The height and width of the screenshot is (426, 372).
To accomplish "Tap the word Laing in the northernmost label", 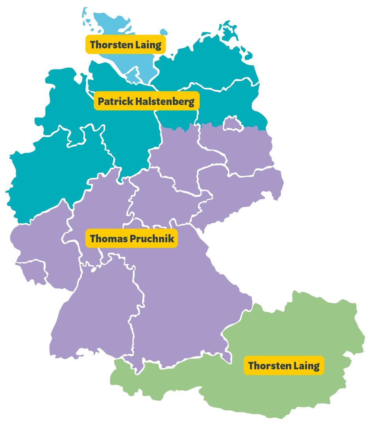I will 148,45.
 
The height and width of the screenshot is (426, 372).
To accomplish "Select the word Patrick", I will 115,101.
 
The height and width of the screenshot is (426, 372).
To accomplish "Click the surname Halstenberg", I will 165,101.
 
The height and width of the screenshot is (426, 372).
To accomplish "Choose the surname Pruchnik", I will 151,238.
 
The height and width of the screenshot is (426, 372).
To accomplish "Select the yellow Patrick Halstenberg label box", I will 146,101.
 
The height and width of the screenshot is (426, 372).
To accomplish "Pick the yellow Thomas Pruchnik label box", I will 131,238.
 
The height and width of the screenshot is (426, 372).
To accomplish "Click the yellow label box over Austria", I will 284,366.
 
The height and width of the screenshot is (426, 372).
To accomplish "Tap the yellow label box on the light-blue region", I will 125,45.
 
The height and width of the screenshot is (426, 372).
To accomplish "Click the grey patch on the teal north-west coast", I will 79,77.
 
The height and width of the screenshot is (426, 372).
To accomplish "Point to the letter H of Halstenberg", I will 139,101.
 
